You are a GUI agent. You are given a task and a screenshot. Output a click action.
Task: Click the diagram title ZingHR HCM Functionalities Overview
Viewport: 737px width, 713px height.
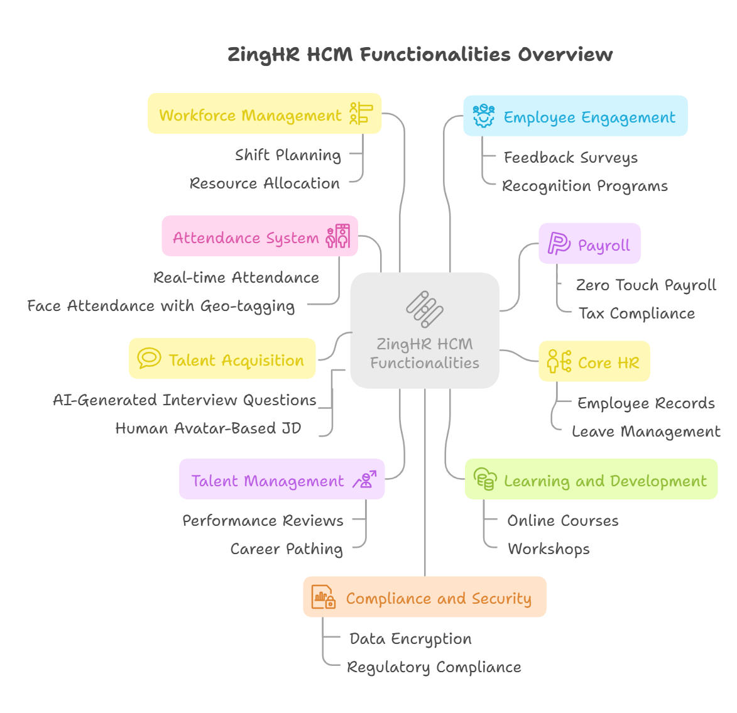420,55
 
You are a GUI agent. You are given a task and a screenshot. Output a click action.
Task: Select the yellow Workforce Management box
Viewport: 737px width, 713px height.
264,114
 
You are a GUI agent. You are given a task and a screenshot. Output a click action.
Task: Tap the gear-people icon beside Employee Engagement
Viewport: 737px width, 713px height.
484,116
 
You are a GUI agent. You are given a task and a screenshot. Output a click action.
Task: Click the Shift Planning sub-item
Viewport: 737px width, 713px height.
288,155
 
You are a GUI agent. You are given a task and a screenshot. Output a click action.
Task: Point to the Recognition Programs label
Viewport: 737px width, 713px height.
584,186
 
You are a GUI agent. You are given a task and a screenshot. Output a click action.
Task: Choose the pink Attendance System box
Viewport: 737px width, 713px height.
259,237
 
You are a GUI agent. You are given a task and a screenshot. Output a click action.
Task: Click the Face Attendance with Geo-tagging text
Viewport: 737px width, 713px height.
161,306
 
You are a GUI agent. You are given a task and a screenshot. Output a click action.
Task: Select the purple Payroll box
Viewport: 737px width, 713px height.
589,244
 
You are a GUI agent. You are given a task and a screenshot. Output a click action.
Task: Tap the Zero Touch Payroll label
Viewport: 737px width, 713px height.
646,285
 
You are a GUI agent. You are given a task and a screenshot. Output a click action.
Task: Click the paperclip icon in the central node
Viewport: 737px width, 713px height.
425,309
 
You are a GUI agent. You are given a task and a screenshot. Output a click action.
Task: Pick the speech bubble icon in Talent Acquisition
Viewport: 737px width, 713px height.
149,359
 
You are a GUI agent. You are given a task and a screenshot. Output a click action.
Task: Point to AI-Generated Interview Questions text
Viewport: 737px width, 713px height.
185,400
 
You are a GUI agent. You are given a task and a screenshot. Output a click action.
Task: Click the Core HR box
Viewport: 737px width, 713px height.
594,362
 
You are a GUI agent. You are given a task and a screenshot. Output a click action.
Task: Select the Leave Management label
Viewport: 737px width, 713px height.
646,432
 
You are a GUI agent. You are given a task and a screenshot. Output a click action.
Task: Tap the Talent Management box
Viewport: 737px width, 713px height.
281,480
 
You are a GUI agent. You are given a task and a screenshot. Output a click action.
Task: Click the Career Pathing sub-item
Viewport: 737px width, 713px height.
287,549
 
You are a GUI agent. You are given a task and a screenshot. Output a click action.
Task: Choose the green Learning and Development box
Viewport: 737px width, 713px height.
591,480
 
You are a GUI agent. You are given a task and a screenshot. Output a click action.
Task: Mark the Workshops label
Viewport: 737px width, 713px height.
549,549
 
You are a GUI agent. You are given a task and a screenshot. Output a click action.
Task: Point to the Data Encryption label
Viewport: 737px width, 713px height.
410,639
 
